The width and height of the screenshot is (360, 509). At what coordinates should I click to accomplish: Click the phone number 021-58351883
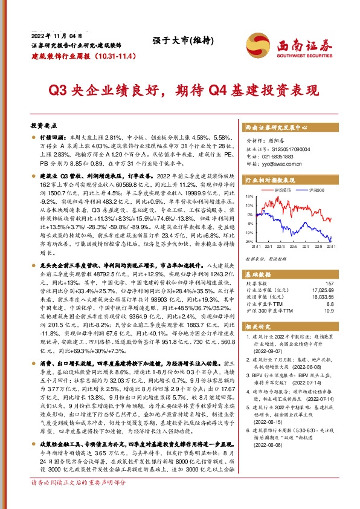[285, 155]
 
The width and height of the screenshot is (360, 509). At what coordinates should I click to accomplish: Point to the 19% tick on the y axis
[249, 196]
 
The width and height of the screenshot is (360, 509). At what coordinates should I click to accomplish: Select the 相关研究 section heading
[259, 327]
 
